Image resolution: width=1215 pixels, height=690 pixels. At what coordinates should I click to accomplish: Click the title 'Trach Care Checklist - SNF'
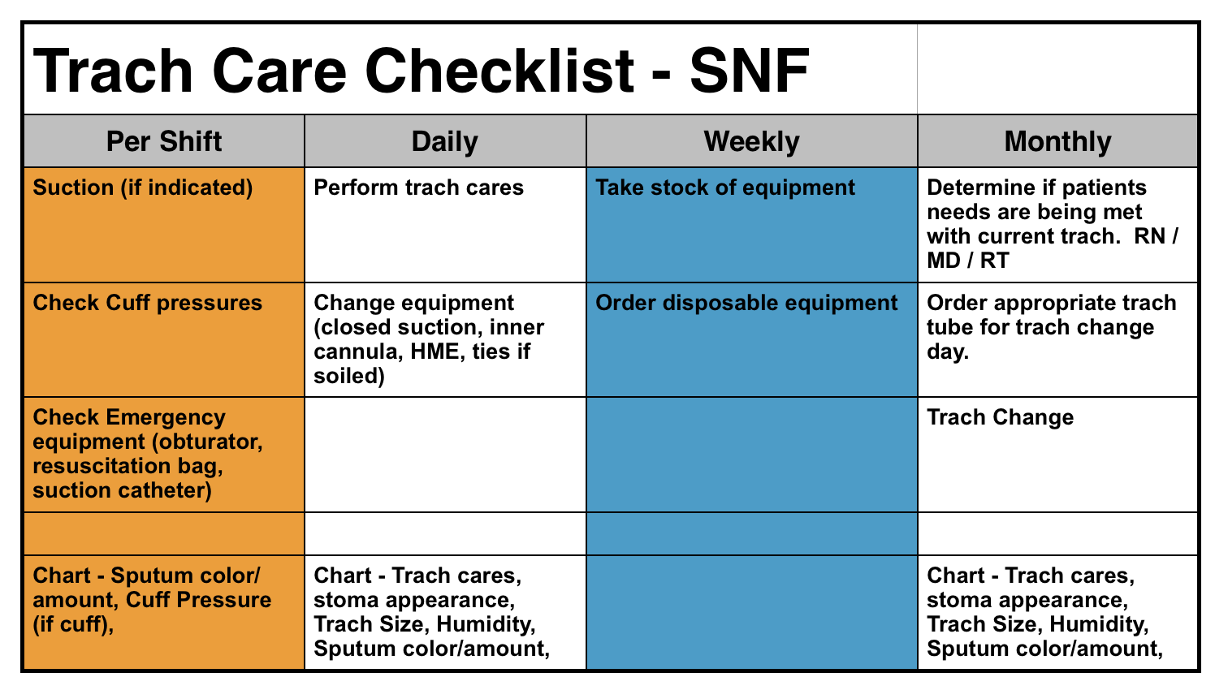[421, 71]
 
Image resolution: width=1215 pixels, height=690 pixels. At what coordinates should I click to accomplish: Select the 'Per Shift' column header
[164, 141]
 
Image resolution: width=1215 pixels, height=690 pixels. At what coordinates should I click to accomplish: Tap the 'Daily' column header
[445, 142]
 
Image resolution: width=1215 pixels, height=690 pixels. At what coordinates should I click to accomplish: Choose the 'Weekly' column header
[751, 142]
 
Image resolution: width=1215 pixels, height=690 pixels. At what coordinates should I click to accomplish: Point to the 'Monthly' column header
[1057, 142]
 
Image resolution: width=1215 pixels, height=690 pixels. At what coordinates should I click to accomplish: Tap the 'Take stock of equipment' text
[725, 188]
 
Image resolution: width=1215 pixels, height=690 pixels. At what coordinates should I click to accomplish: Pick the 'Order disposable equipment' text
[746, 303]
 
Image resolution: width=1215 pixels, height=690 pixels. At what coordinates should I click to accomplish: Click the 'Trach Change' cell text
[1001, 417]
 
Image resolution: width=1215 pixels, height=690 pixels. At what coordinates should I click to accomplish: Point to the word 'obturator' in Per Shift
[208, 442]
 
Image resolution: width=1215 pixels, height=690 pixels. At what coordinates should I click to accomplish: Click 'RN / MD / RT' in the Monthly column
[1053, 248]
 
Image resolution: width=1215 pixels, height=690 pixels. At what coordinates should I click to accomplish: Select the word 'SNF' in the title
[750, 71]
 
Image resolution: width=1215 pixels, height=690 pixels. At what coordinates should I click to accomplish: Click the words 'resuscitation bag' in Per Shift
[128, 467]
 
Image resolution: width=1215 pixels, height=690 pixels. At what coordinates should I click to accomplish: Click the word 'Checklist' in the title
[499, 71]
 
